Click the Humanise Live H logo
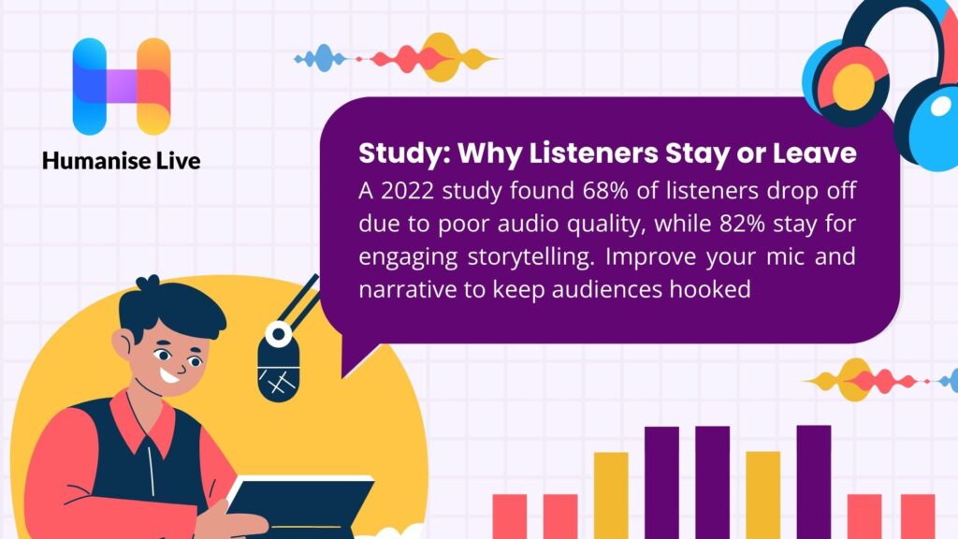tap(122, 86)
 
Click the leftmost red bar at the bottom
tap(510, 516)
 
